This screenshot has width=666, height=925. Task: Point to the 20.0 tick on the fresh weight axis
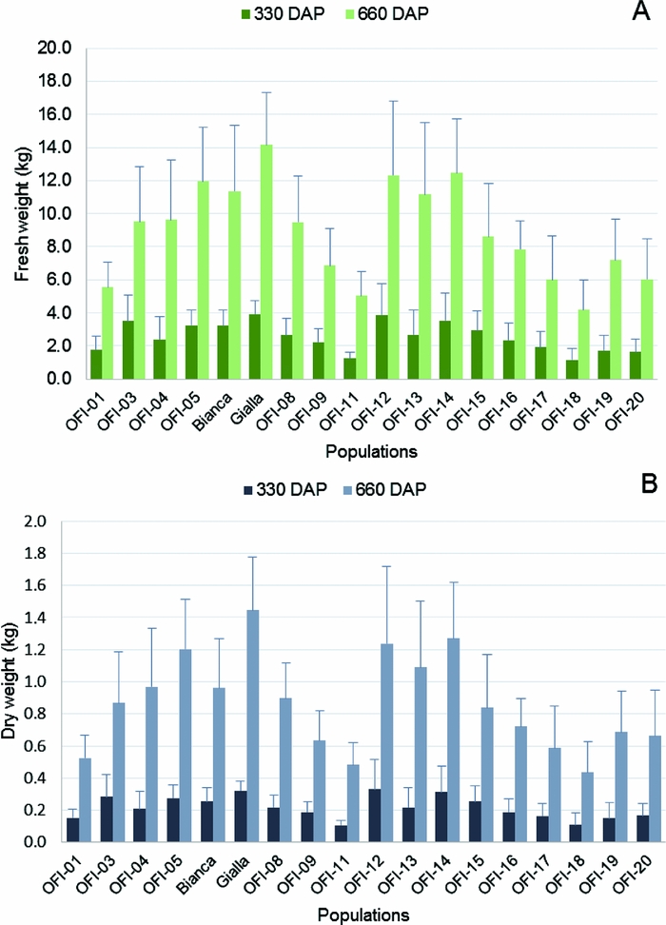tap(61, 48)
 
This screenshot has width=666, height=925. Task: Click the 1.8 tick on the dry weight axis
tap(62, 553)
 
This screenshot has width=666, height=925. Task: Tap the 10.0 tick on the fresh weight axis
tap(61, 213)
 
